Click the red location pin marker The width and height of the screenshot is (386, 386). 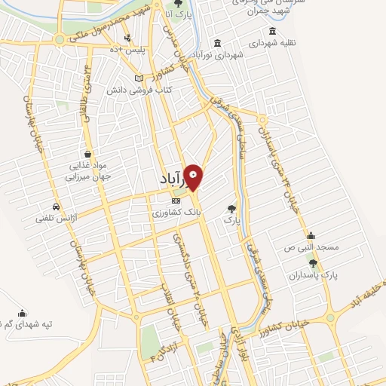pos(194,177)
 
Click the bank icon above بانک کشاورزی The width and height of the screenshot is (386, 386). pos(176,201)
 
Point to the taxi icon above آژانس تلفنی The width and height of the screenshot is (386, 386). pos(57,207)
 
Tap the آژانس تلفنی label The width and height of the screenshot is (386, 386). pos(53,219)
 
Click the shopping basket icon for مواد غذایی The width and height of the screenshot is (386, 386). pos(90,154)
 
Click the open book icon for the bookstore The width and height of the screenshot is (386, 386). pos(138,78)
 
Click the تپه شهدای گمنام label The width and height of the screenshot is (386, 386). pos(36,324)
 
